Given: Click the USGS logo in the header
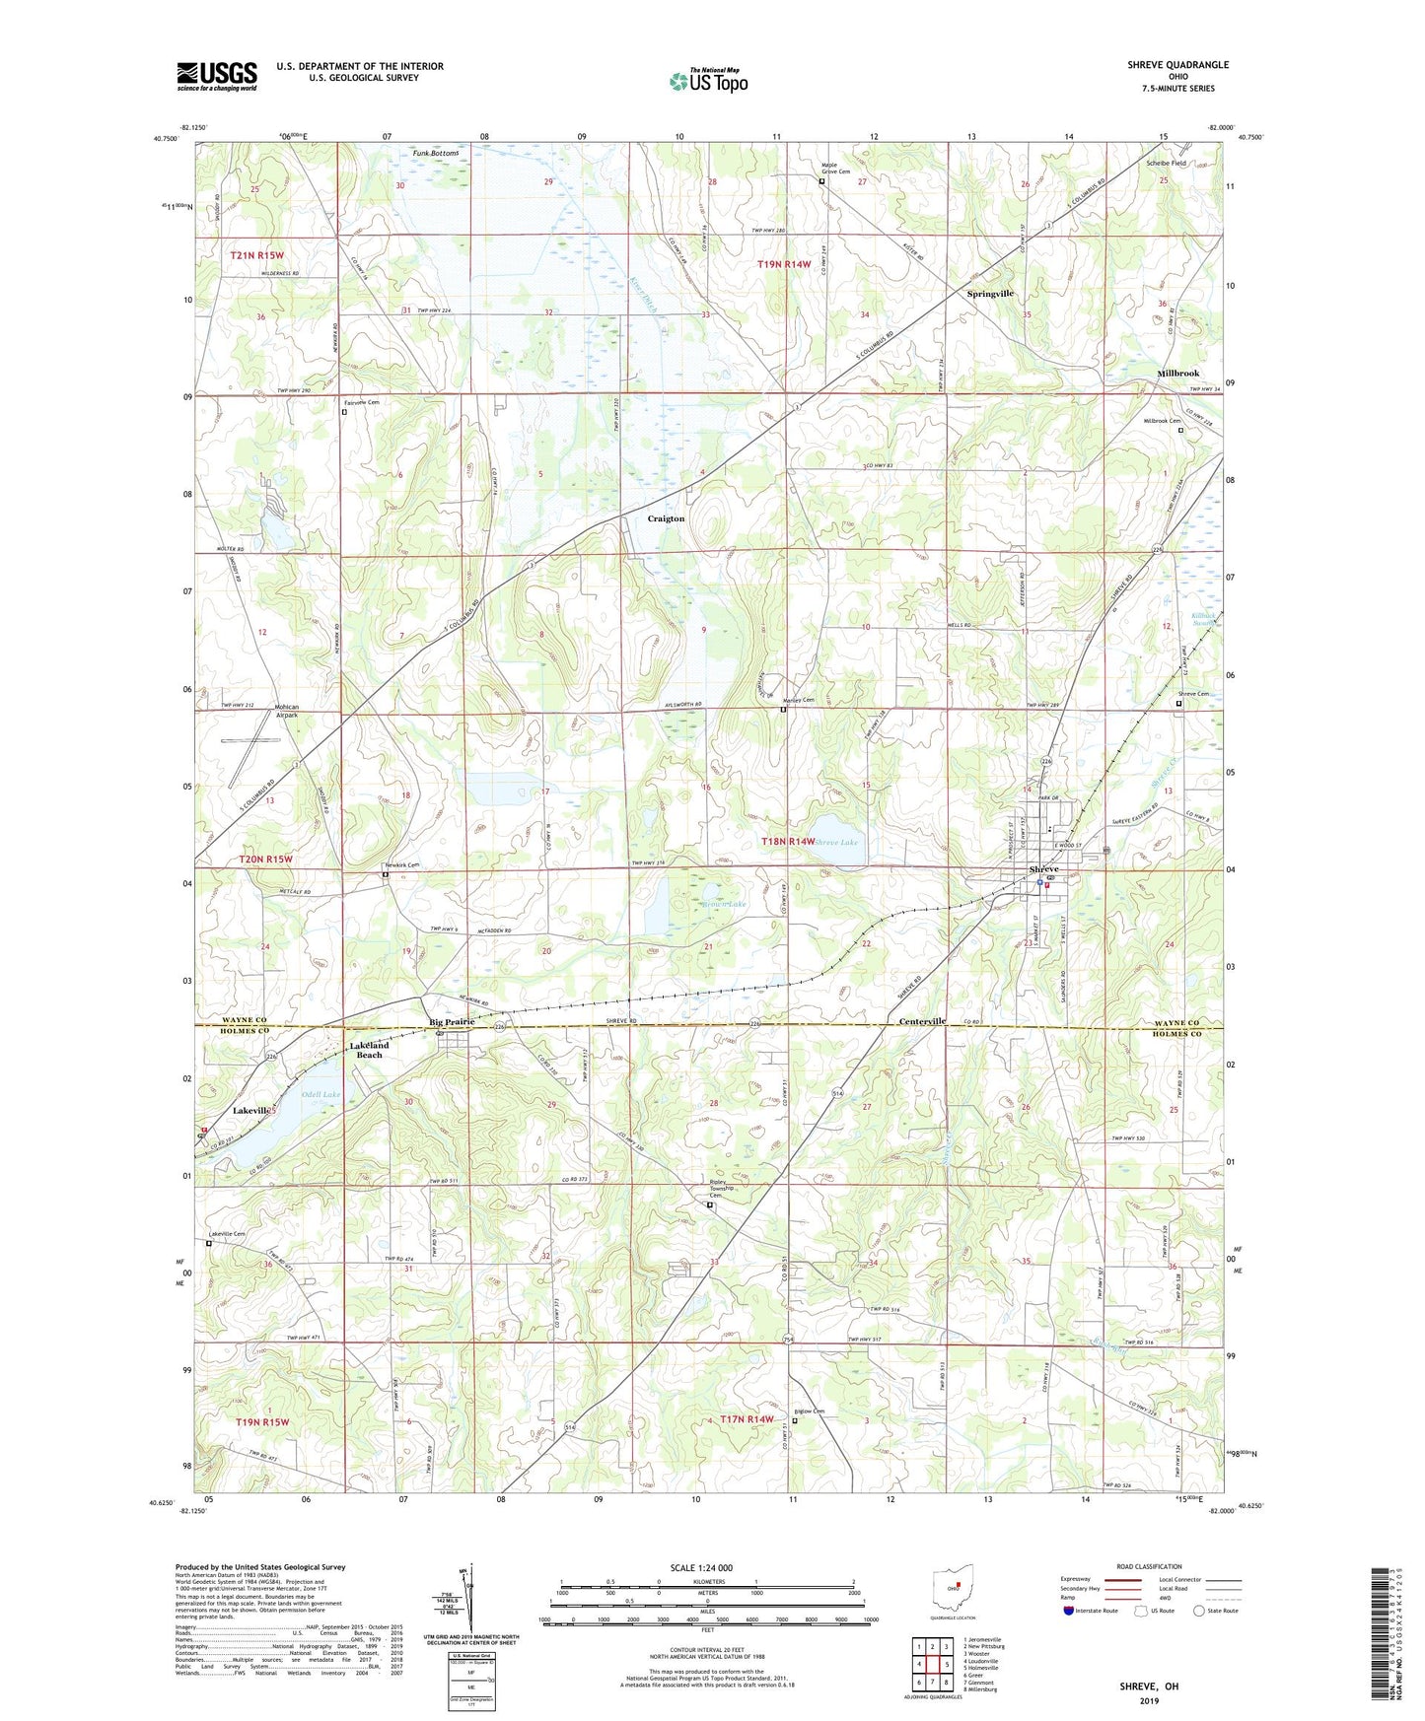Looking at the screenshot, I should (x=217, y=76).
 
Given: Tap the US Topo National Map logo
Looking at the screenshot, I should (x=707, y=81).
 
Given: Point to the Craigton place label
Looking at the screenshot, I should (x=666, y=518).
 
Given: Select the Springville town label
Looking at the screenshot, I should (x=990, y=294).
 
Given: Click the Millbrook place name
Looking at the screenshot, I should (x=1177, y=374).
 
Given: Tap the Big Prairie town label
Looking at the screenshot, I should (x=452, y=1022).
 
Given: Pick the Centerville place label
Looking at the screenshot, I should (x=922, y=1022).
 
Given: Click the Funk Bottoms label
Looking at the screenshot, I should (x=435, y=153).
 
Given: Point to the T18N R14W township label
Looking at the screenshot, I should (x=788, y=842).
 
